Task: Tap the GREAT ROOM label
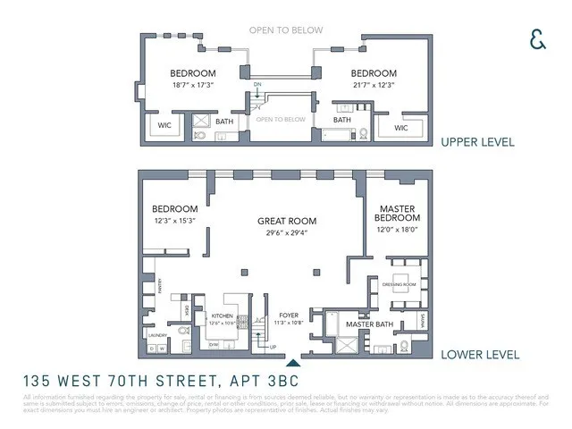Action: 287,222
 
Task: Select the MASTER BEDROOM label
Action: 397,213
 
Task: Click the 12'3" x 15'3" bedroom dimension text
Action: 175,220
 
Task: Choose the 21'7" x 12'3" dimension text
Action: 373,83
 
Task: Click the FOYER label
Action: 288,315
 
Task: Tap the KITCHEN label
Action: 222,316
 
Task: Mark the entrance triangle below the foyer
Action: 292,362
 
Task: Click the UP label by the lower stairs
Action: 273,347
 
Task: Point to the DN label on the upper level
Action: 257,85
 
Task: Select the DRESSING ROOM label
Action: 407,283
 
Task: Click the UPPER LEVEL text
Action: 477,141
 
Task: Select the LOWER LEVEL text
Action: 479,355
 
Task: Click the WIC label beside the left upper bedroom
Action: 165,125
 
